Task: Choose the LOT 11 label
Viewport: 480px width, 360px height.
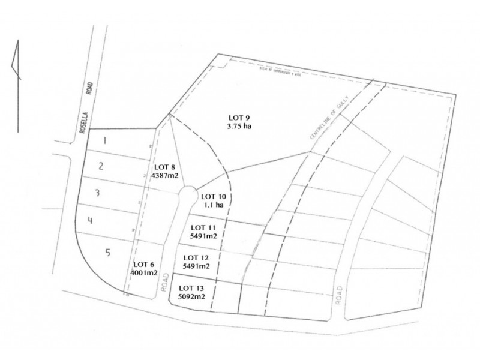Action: point(203,227)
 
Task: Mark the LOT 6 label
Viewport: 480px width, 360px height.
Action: point(144,264)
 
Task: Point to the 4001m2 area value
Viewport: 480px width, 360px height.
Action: point(144,273)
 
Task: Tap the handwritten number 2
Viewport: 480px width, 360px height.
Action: point(102,166)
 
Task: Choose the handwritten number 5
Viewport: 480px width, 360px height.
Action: point(108,252)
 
